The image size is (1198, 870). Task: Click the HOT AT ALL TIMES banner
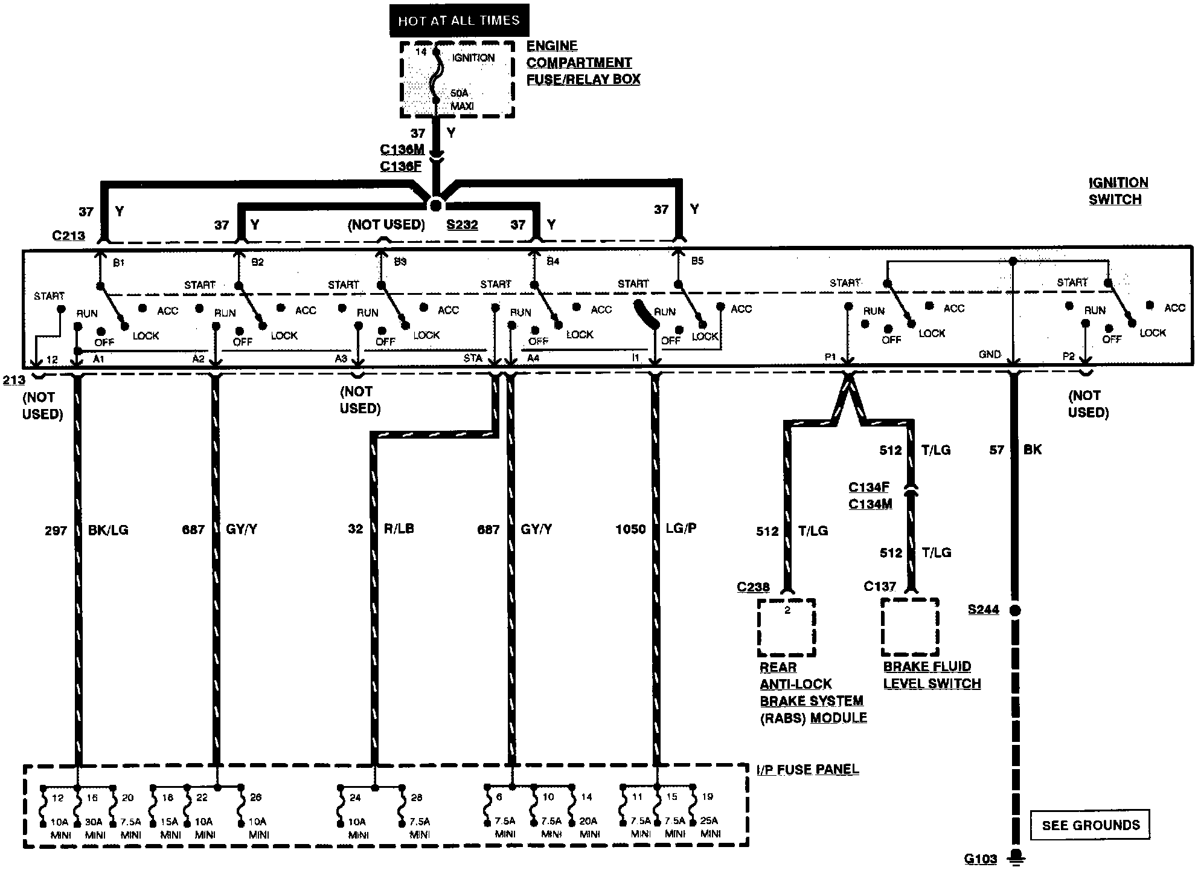tap(459, 20)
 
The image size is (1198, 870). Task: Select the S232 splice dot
tap(435, 205)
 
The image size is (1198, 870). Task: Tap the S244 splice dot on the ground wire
tap(1015, 610)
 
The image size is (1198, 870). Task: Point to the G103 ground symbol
tap(1016, 858)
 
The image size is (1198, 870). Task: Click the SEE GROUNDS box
tap(1091, 825)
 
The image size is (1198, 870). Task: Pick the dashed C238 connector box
tap(787, 627)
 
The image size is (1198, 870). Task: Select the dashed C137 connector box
tap(910, 627)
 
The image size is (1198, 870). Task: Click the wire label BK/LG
tap(108, 530)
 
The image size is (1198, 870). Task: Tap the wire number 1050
tap(630, 529)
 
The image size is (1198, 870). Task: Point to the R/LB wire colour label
tap(399, 529)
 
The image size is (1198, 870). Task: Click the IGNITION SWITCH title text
tap(1118, 191)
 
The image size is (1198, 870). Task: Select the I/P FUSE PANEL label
tap(807, 769)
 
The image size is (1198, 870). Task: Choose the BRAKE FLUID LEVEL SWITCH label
tap(932, 675)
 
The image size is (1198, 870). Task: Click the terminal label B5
tap(697, 261)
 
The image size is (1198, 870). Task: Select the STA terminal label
tap(473, 358)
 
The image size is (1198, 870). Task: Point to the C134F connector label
tap(870, 487)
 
